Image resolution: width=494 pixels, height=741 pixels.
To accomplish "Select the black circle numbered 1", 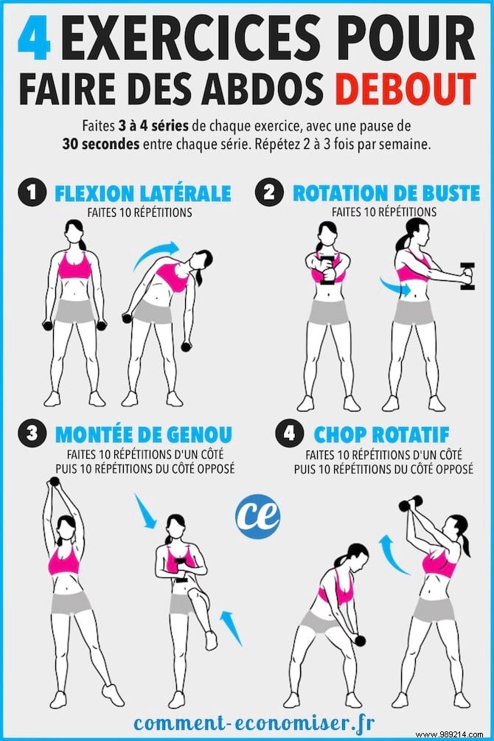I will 31,194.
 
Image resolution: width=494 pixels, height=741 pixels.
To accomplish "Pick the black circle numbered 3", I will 31,434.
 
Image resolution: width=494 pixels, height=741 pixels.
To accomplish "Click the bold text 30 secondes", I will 101,144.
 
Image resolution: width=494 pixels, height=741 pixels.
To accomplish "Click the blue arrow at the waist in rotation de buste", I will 395,287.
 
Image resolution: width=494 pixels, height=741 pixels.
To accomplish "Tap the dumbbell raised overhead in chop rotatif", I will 409,503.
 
